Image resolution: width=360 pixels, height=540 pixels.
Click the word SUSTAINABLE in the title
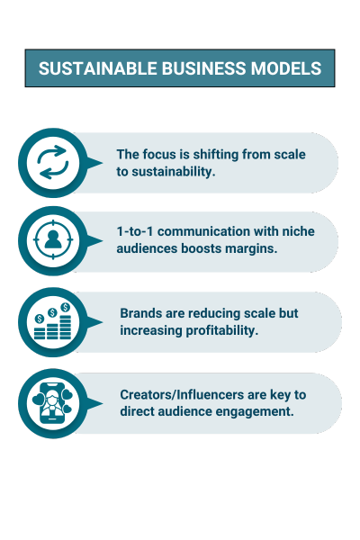(98, 68)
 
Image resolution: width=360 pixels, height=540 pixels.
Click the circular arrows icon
(53, 163)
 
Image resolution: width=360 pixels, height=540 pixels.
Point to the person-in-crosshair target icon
(53, 239)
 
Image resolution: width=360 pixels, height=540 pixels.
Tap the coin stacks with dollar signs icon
(52, 321)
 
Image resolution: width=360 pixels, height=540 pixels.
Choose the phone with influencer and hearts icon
(53, 403)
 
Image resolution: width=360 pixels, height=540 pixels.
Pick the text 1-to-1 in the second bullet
(135, 231)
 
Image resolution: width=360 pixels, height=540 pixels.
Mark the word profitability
(222, 330)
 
